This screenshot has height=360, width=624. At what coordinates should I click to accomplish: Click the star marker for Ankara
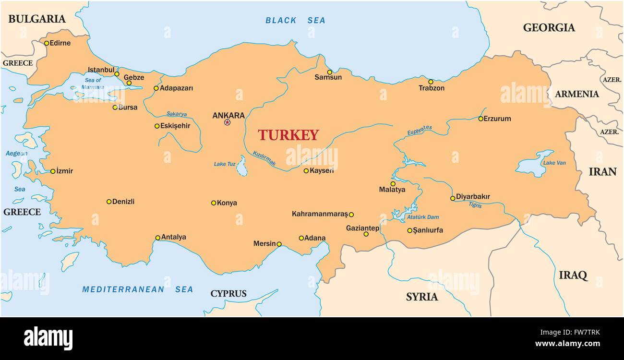coord(228,122)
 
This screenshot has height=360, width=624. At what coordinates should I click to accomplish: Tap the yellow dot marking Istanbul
coord(117,74)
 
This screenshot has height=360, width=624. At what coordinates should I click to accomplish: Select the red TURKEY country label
coord(288,135)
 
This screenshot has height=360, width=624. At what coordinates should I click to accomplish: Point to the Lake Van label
coord(554,163)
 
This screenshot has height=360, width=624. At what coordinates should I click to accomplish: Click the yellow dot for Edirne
coord(47,43)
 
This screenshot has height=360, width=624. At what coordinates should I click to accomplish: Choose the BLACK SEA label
coord(295,20)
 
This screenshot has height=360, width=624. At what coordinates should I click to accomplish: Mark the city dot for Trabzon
coord(431,82)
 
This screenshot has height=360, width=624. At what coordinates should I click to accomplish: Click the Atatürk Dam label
coord(422,217)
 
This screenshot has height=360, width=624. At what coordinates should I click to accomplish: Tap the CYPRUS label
coord(228,294)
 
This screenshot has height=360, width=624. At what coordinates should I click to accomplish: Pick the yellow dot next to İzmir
coord(53,171)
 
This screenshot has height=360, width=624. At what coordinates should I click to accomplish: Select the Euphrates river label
coord(420,130)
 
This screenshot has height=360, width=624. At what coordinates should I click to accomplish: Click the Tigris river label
coord(475,205)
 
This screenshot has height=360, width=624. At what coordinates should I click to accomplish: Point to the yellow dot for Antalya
coord(157,238)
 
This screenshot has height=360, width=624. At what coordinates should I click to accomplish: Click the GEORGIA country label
coord(549,28)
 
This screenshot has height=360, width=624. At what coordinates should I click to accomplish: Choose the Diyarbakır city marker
coord(453,198)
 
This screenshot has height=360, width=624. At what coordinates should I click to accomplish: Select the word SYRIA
coord(421,297)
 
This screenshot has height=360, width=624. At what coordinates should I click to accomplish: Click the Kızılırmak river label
coord(264,159)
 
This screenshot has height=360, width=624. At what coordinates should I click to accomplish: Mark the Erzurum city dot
coord(480,119)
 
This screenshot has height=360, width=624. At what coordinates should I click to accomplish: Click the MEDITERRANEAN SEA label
coord(137,289)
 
